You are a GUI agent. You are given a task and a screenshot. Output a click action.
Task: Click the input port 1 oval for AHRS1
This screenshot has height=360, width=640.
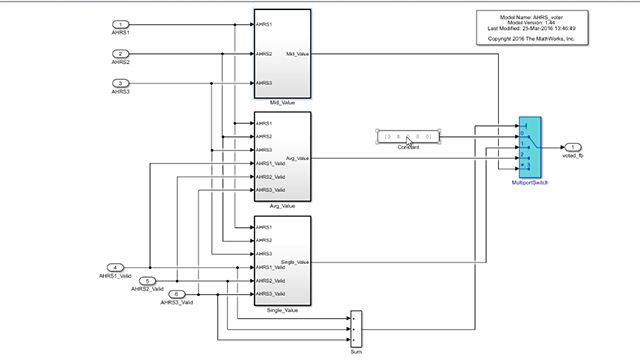pos(120,24)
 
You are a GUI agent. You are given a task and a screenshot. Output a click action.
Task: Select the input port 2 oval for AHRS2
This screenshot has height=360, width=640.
pos(120,53)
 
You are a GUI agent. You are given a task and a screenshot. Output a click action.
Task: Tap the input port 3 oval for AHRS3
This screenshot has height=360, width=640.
pos(120,83)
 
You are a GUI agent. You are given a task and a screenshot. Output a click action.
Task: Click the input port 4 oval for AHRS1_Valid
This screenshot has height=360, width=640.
pos(117,267)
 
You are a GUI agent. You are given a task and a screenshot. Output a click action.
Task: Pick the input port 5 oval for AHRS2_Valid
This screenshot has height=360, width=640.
pos(149,281)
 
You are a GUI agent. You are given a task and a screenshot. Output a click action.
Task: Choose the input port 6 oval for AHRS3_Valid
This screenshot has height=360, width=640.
pos(178,295)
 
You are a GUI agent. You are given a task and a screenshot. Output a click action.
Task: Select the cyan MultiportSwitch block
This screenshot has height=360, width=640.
pos(530,147)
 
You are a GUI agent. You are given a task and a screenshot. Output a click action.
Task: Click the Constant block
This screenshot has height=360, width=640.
pos(407,135)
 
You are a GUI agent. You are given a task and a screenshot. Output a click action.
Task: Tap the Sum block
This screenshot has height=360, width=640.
pos(356,324)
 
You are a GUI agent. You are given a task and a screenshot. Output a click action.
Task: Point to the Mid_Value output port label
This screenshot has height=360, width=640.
pos(297,54)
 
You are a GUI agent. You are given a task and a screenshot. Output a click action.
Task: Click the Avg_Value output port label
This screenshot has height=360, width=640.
pos(297,158)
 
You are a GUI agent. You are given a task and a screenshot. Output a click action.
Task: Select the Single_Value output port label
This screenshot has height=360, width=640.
pos(295,262)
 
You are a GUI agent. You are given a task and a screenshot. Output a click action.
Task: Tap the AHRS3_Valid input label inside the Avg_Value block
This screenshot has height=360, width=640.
pos(270,189)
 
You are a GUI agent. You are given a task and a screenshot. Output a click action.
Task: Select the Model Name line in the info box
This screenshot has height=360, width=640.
pos(529,18)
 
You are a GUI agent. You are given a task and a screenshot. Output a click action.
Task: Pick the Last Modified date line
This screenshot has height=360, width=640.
pos(529,29)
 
